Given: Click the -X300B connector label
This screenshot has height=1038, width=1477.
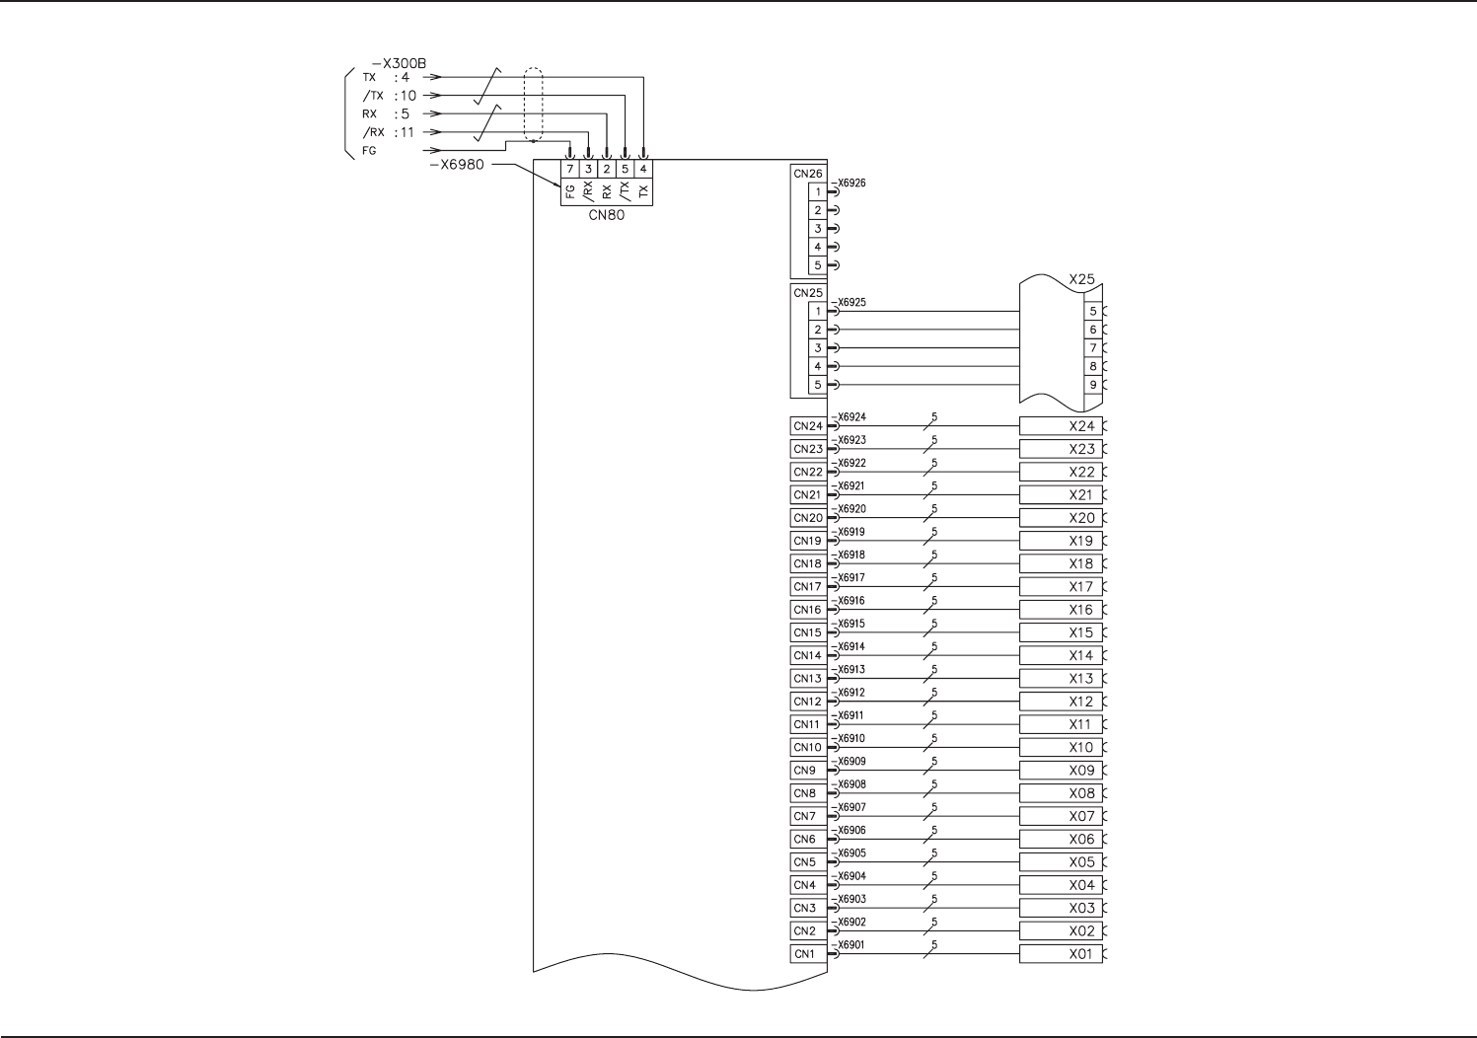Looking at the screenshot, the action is pos(400,63).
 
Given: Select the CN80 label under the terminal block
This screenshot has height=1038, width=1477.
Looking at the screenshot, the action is pos(606,215).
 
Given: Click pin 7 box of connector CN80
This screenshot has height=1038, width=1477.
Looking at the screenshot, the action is pos(570,169).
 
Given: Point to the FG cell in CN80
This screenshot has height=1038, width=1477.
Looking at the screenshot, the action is pos(570,192).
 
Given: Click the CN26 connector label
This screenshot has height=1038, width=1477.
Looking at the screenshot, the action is pos(807,174).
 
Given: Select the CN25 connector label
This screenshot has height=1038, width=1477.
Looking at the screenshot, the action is pos(807,293).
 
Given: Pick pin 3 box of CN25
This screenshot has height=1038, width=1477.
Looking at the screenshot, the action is pos(817,348).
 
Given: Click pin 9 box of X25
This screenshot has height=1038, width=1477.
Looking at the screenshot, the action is pos(1092,385).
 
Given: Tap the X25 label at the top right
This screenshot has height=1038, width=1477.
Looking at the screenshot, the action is pos(1081,279).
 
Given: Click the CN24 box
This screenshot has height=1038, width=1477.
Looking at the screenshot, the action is pos(807,426).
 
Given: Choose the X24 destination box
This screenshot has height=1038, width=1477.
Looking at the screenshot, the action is pos(1061,426).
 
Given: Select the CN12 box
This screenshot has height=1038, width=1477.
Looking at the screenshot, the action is pos(807,702).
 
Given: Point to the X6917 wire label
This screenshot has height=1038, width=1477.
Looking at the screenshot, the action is pos(850,578).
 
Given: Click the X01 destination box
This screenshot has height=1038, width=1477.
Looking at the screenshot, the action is pos(1061,954).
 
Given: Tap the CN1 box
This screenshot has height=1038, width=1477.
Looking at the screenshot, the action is pos(805,954).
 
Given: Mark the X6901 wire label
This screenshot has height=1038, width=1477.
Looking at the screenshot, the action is pos(850,945).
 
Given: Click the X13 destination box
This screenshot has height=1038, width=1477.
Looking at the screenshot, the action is pos(1061,679).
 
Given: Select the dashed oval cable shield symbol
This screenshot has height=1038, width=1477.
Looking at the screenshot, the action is pos(533,105).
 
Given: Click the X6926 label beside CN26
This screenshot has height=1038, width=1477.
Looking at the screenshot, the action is pos(850,184).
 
